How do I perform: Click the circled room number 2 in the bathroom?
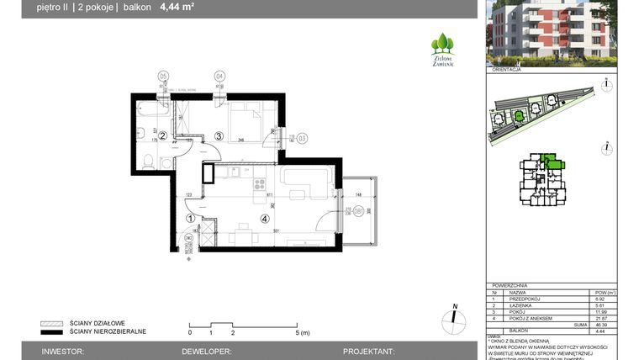(x=164, y=135)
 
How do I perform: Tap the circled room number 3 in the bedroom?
(x=218, y=135)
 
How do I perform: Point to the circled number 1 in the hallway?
(x=190, y=218)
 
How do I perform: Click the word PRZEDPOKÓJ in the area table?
(x=523, y=299)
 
